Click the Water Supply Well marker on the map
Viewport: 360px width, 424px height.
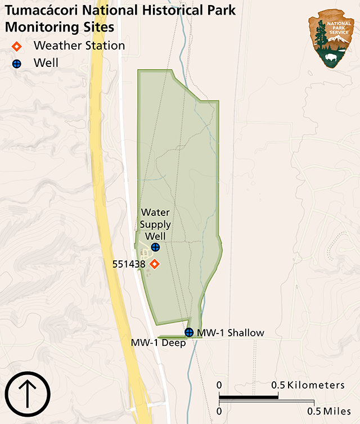click(155, 247)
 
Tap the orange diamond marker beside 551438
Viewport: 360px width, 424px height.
click(155, 264)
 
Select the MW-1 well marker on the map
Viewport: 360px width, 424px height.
click(189, 332)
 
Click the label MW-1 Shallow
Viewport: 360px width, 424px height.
click(230, 333)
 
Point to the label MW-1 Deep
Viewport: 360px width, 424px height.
click(158, 342)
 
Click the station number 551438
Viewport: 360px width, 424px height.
click(129, 264)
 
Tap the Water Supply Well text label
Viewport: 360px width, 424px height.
click(155, 224)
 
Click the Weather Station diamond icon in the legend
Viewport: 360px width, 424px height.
click(17, 46)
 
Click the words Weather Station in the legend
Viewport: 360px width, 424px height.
click(79, 46)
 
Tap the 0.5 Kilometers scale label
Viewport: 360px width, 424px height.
click(308, 385)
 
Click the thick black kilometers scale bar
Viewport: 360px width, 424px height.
click(249, 396)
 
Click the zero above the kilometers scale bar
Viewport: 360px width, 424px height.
click(219, 385)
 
